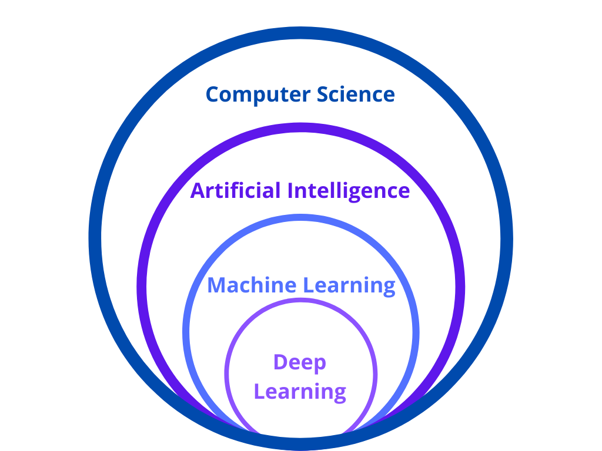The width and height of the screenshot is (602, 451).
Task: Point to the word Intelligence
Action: tap(349, 191)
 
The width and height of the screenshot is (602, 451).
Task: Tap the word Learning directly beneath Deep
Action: tap(300, 392)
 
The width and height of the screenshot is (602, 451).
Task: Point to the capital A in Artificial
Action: tap(198, 190)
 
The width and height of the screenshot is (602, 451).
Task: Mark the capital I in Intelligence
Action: tap(290, 190)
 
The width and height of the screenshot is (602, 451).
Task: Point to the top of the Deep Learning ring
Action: tap(300, 302)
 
